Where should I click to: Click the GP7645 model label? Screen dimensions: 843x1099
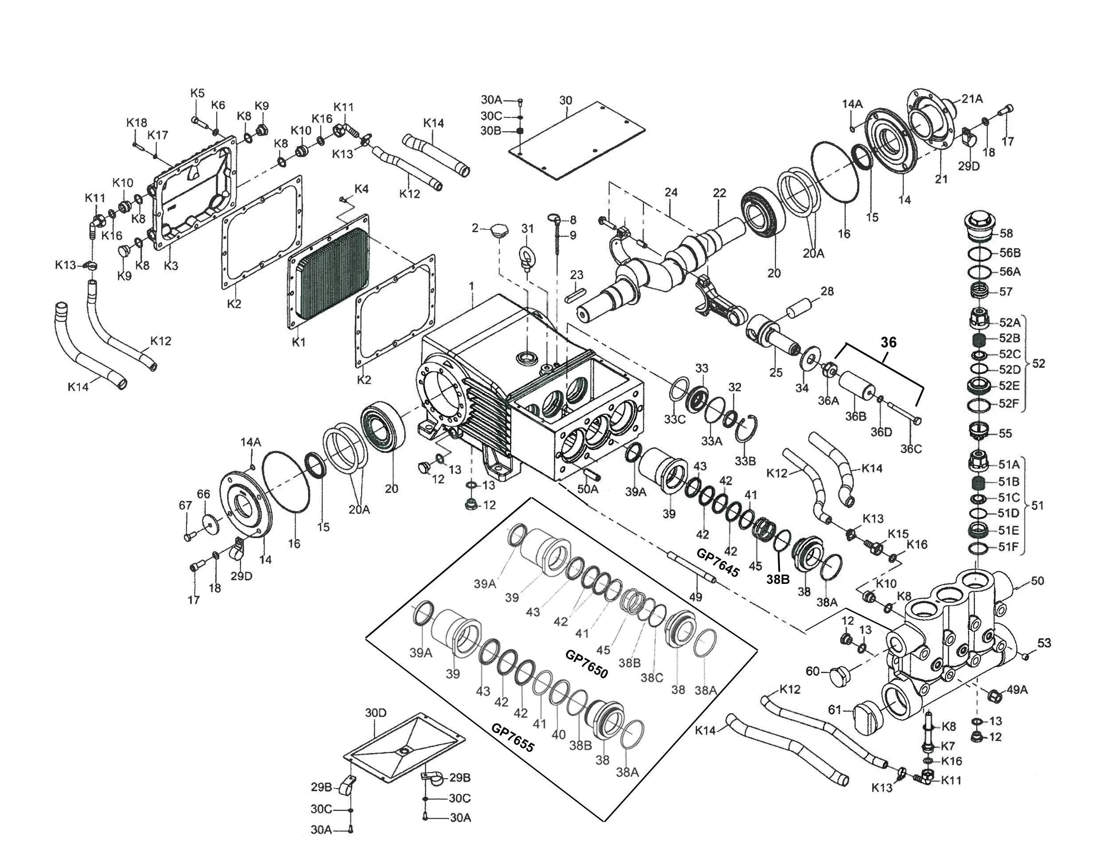(x=717, y=563)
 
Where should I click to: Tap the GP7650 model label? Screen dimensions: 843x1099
(x=586, y=664)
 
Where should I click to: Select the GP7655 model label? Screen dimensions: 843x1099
(x=512, y=738)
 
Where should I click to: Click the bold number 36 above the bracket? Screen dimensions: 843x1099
(x=888, y=342)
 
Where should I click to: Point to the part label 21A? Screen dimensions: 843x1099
(x=971, y=99)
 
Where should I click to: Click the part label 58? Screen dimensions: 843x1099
(x=1005, y=233)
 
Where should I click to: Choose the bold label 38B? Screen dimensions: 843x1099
(x=778, y=579)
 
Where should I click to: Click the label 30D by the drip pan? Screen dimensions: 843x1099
(x=375, y=712)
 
